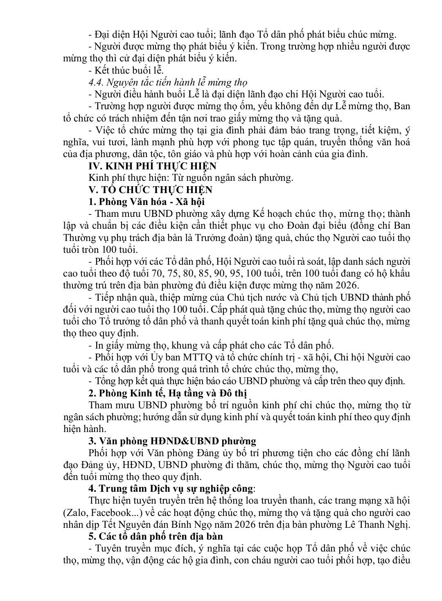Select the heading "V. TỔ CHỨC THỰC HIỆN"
[x=150, y=190]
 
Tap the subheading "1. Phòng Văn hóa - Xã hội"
[x=147, y=202]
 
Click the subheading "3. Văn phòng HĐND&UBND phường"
[x=172, y=441]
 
